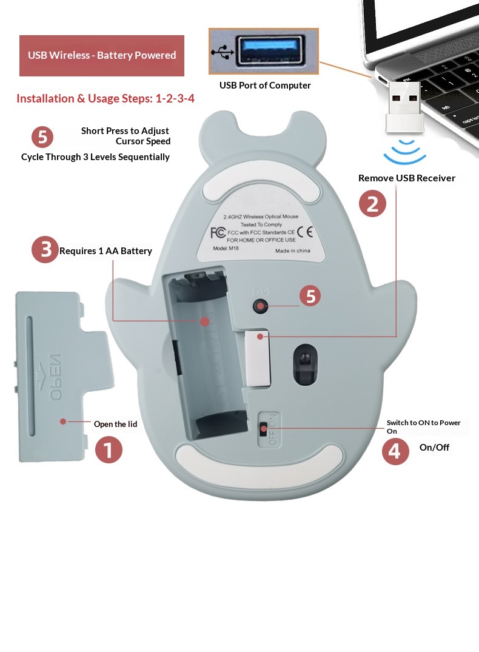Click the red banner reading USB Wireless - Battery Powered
pos(102,55)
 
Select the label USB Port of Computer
pos(265,86)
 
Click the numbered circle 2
pos(372,203)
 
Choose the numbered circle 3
pos(45,250)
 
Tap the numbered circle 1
pos(109,450)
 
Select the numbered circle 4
pos(395,452)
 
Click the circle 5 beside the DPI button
pos(311,296)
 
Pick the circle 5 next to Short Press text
pos(42,137)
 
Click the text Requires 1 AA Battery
pos(106,251)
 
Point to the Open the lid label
pos(115,424)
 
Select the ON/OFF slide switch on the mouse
pos(263,429)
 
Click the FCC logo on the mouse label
pos(218,233)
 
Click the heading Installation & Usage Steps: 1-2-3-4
pos(106,98)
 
